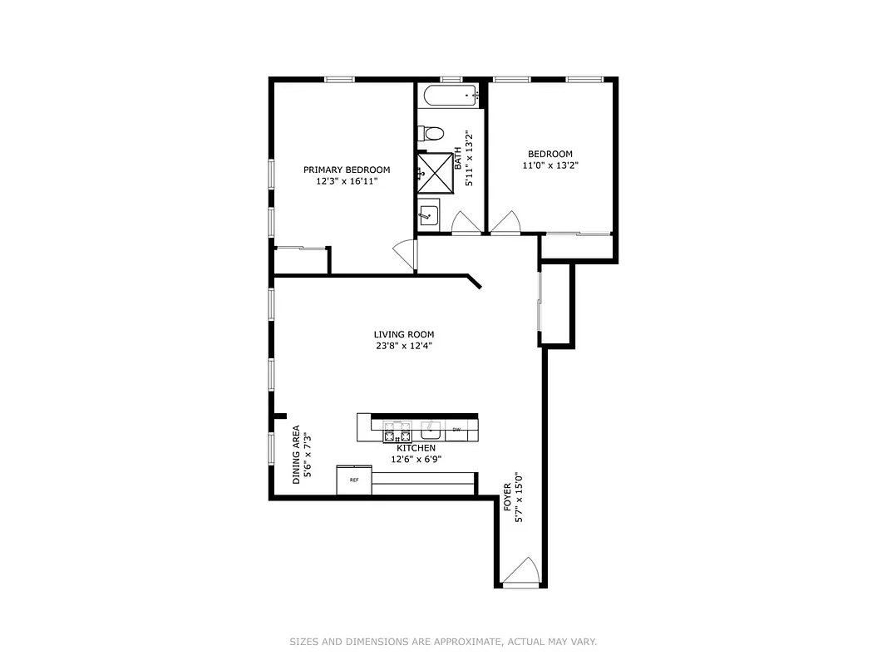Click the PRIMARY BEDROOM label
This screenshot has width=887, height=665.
[346, 170]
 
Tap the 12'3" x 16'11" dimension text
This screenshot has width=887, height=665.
[346, 181]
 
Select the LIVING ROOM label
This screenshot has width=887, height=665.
[403, 334]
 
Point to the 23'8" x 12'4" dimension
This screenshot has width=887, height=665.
[403, 346]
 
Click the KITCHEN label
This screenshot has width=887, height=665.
[416, 448]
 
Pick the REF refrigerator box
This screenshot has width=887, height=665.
[354, 480]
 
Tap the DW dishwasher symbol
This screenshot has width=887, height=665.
[456, 430]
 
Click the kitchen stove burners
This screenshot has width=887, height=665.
[397, 432]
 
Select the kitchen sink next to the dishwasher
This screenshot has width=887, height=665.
[431, 431]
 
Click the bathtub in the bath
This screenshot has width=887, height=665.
[449, 96]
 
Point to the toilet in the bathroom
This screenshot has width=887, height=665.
[431, 133]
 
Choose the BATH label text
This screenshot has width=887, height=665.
[457, 159]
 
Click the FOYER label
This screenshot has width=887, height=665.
[508, 497]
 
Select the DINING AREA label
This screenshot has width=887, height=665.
[296, 456]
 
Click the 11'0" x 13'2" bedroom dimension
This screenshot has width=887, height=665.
[549, 165]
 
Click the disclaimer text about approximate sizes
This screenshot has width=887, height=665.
[443, 642]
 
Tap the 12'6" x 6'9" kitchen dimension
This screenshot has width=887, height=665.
[416, 459]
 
